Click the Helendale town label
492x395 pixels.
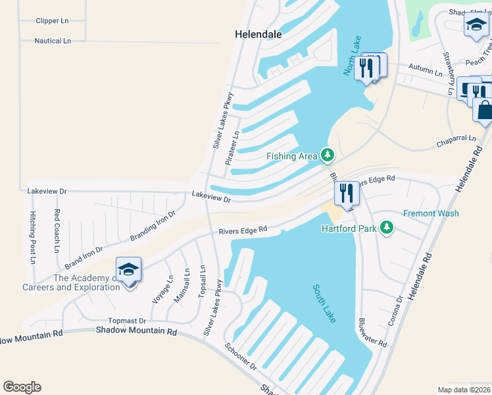point(258,34)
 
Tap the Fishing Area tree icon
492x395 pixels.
point(328,155)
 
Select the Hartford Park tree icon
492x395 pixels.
point(387,228)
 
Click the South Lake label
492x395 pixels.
point(325,303)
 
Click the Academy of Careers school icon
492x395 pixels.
point(129,270)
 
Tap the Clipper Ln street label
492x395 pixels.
point(53,20)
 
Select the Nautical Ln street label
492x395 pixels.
point(53,41)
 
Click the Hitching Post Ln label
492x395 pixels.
point(32,238)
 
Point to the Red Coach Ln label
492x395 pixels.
point(57,230)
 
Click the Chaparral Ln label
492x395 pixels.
point(456,140)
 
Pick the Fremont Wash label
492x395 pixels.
point(430,213)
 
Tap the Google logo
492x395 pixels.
point(22,387)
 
